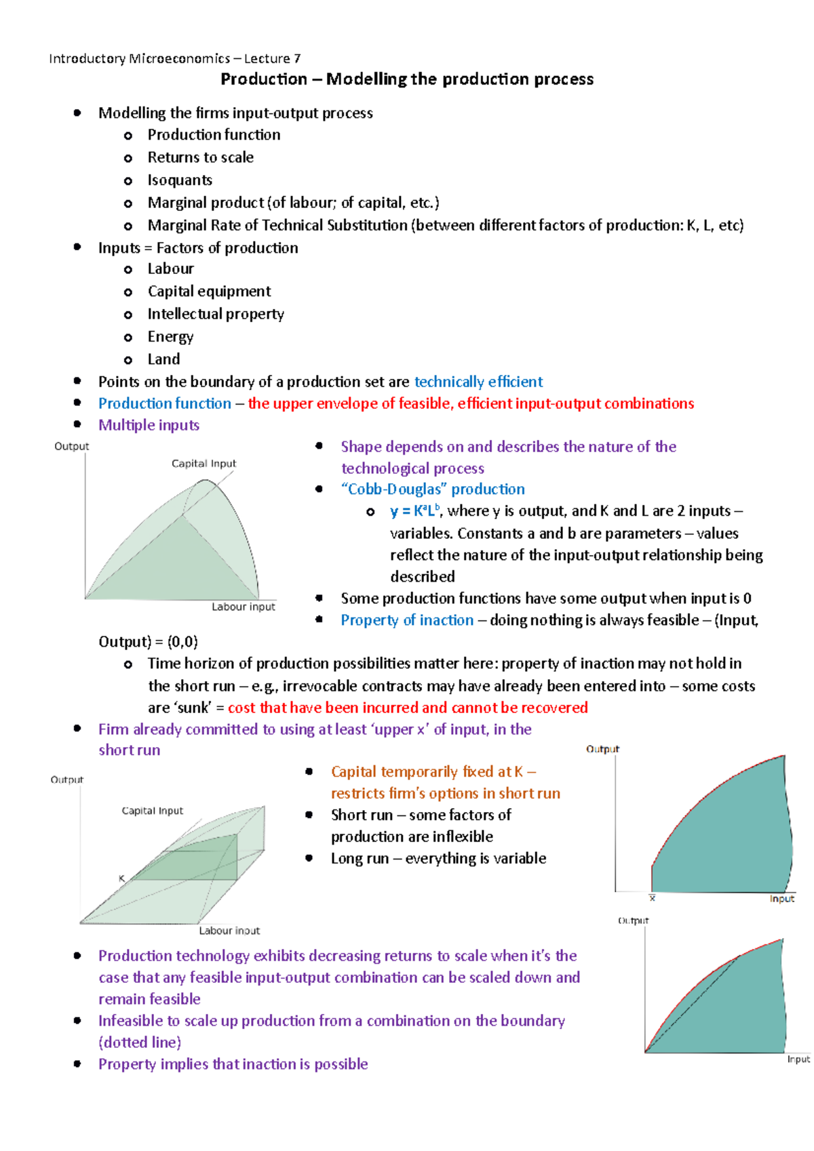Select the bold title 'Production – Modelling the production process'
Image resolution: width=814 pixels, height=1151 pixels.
(x=407, y=79)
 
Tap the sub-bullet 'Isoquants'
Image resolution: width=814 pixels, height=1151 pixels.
(x=180, y=180)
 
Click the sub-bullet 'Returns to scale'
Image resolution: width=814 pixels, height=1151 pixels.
(x=200, y=157)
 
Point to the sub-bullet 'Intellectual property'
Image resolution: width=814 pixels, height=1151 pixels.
(x=216, y=314)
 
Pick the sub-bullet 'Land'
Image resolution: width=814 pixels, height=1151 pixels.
(x=163, y=359)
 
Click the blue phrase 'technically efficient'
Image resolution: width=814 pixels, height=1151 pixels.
(x=478, y=382)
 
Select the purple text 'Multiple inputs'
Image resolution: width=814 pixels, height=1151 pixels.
(x=149, y=425)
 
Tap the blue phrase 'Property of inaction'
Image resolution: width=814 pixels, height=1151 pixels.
(x=407, y=620)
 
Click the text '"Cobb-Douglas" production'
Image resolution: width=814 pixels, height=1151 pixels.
(x=433, y=489)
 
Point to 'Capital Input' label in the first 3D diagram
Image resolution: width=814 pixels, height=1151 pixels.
(x=203, y=464)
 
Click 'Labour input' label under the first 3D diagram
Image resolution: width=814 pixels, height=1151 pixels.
(x=243, y=607)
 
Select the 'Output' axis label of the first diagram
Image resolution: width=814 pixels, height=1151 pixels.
(x=71, y=446)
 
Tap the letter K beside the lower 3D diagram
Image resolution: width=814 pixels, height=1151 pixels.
(x=122, y=879)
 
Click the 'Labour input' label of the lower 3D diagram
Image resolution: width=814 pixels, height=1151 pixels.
(x=229, y=931)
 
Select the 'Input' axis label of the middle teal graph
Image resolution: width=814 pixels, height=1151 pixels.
(x=781, y=899)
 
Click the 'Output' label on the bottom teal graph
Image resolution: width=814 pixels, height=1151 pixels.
(x=633, y=921)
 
